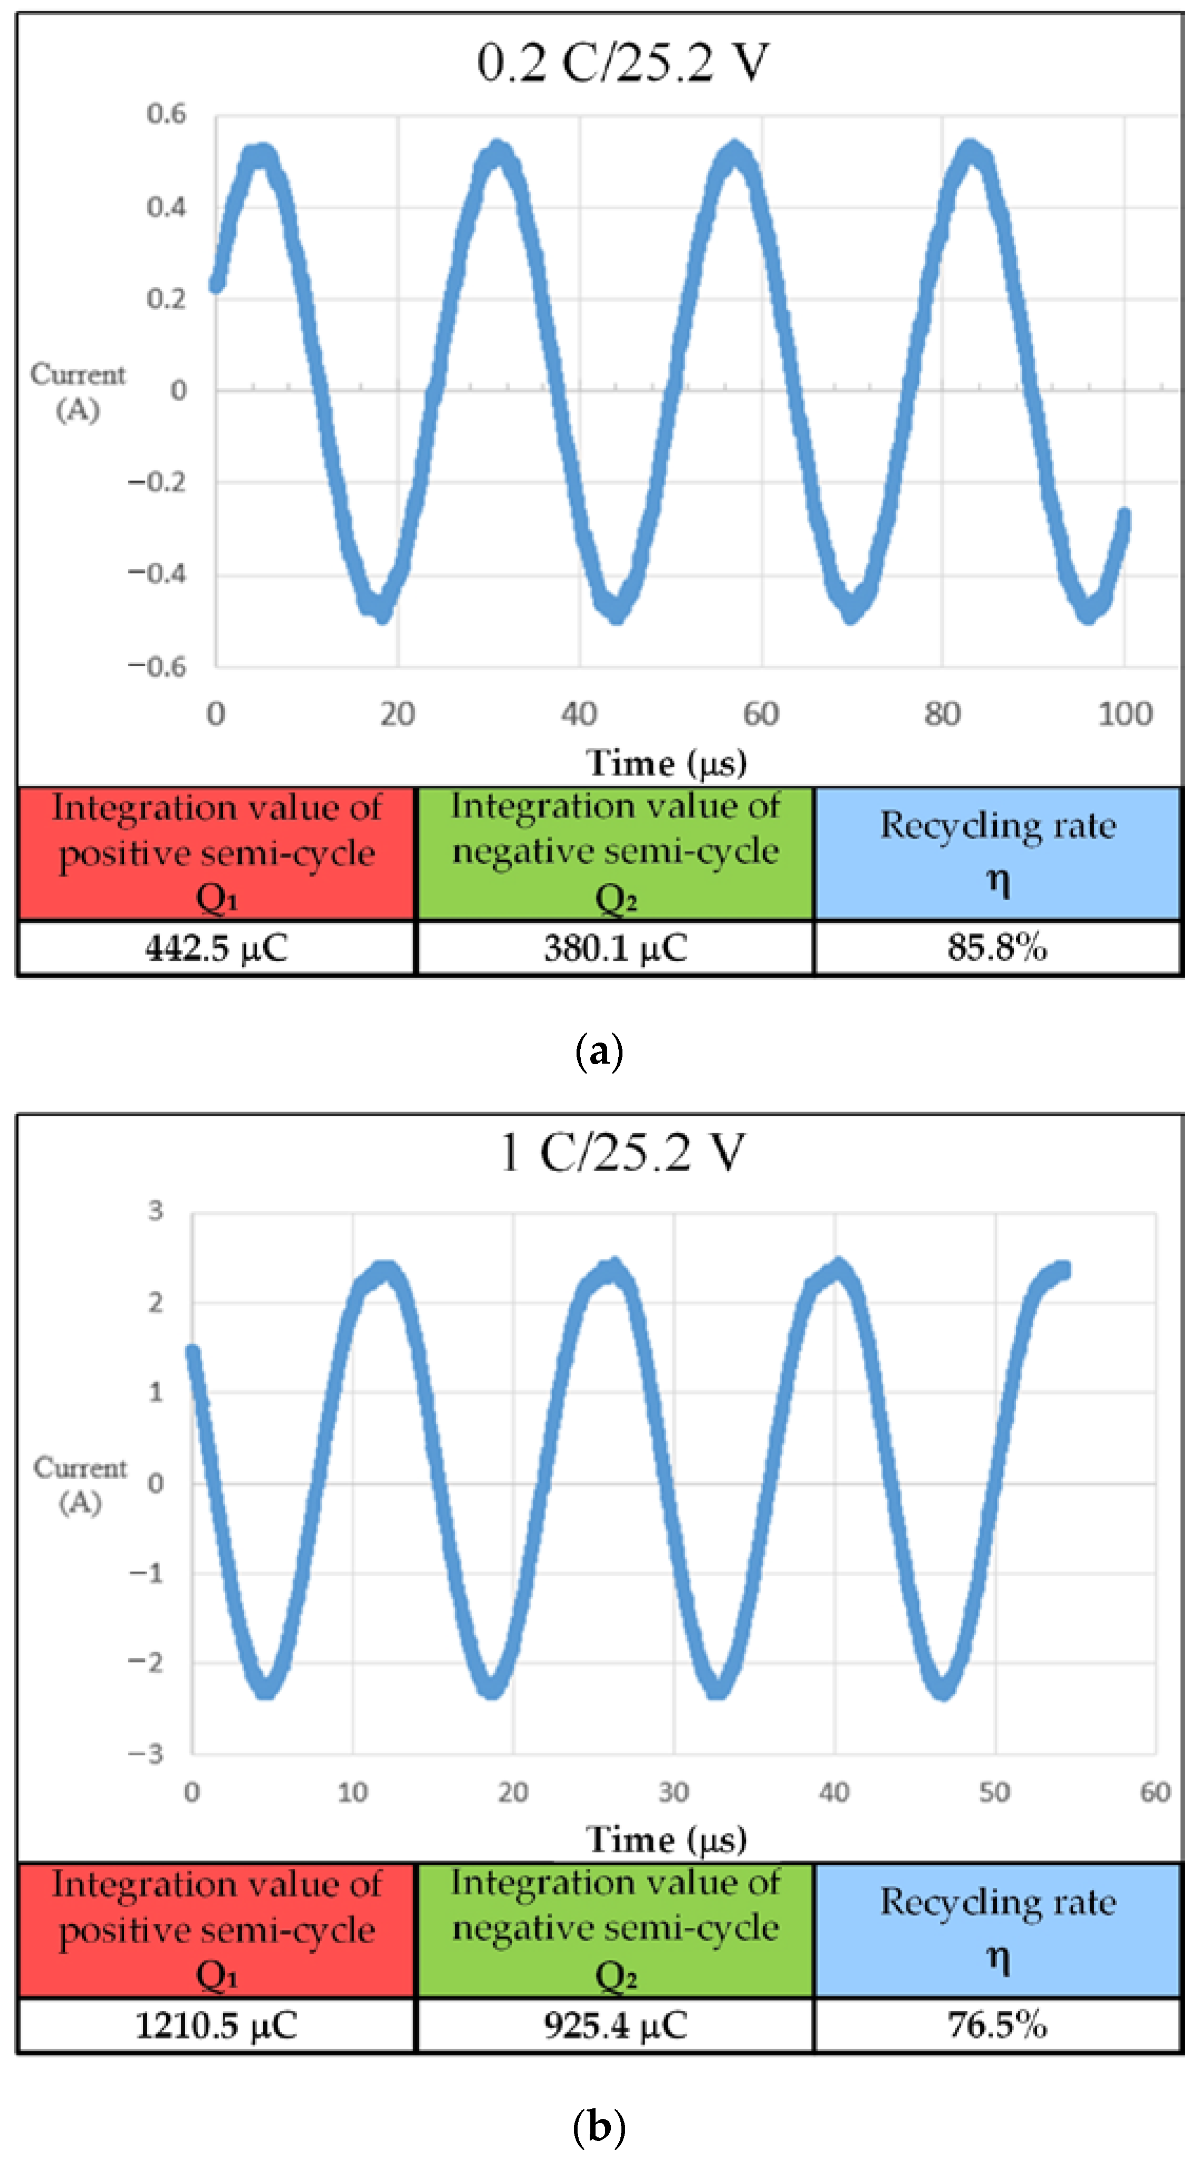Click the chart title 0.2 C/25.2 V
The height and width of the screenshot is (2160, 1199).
[622, 63]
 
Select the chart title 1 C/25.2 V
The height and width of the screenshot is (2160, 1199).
[622, 1152]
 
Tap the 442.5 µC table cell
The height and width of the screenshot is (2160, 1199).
[216, 948]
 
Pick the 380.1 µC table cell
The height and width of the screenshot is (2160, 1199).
[616, 948]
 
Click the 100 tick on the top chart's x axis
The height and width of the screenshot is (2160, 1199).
[1125, 715]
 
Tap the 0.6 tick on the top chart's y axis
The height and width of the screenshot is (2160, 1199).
[166, 114]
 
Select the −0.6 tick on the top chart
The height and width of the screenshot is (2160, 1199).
[157, 667]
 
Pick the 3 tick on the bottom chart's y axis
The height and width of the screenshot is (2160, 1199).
[156, 1211]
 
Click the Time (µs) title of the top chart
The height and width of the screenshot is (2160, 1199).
[666, 763]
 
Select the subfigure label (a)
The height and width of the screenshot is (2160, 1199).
[599, 1050]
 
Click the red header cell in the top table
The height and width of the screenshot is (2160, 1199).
[216, 853]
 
